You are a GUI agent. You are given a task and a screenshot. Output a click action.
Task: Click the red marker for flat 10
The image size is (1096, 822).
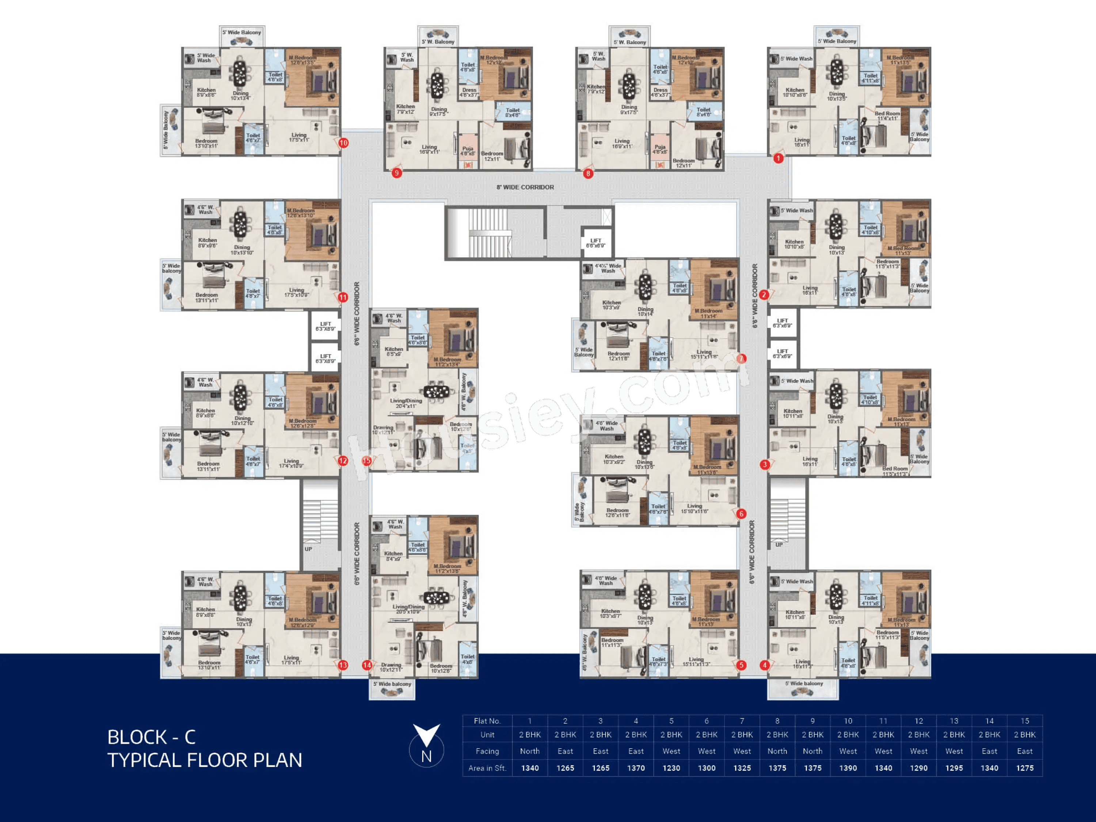[x=343, y=143]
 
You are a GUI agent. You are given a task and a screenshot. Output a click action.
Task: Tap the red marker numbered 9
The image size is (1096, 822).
[x=396, y=173]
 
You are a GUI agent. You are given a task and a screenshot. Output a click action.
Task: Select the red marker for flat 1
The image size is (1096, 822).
[x=779, y=158]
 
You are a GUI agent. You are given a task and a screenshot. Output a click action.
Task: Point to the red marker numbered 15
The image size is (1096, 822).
[x=367, y=461]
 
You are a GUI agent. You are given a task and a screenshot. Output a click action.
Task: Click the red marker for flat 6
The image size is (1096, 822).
[x=741, y=514]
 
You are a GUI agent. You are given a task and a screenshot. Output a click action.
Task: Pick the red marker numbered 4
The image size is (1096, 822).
[x=765, y=665]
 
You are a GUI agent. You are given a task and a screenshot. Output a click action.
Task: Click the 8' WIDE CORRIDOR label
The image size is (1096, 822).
[x=525, y=187]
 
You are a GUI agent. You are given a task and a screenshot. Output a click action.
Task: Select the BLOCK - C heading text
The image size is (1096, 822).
[x=152, y=737]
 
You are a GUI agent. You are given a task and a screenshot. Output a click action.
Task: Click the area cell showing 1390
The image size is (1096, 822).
[x=848, y=768]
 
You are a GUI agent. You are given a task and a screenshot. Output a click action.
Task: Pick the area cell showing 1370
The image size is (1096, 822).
[x=636, y=768]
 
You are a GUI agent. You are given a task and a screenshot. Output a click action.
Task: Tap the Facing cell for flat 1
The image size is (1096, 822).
[x=530, y=751]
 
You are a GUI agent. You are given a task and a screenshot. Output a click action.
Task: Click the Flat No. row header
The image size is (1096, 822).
[x=487, y=721]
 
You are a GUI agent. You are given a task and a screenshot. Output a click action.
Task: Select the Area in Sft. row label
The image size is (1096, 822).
[x=487, y=768]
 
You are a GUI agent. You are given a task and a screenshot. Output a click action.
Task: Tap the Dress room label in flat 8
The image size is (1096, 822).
[x=660, y=92]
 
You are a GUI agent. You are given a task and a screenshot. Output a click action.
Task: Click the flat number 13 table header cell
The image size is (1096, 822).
[x=954, y=721]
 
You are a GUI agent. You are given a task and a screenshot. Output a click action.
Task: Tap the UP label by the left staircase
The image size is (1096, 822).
[x=308, y=549]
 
